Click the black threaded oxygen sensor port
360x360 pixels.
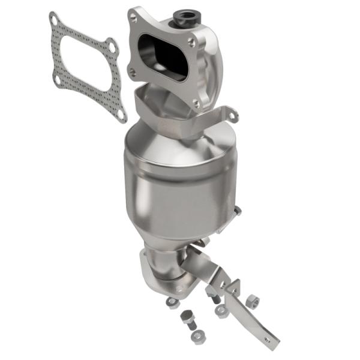pos(182,14)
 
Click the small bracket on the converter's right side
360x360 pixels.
pos(235,213)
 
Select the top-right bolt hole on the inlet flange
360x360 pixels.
pos(191,43)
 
